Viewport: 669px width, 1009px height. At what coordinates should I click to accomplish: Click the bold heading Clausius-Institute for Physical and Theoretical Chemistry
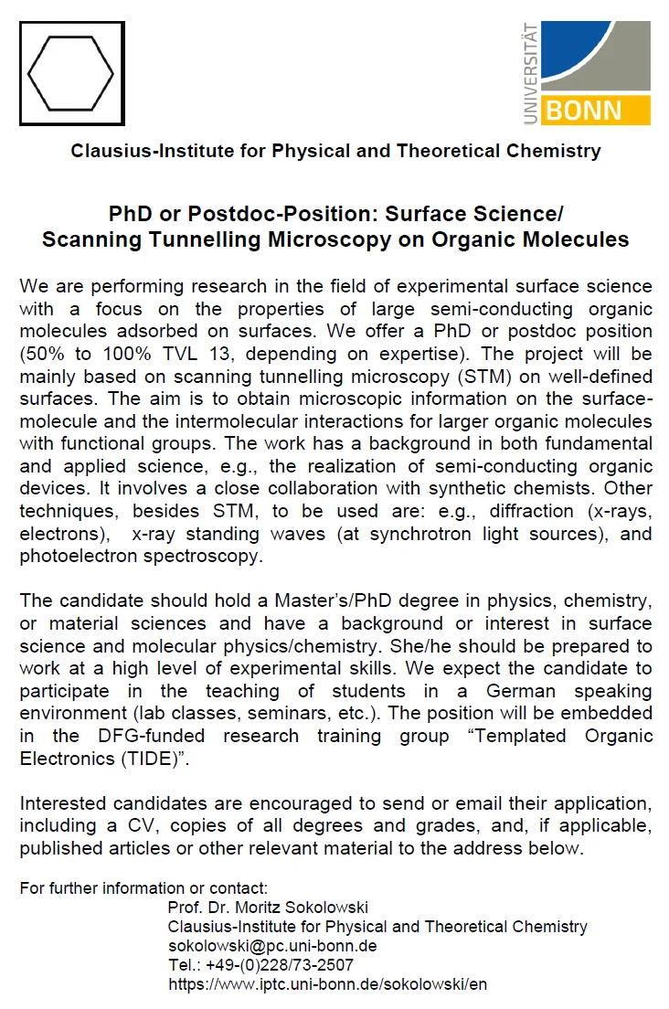click(335, 151)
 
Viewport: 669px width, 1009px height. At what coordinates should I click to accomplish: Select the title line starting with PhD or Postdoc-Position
click(335, 215)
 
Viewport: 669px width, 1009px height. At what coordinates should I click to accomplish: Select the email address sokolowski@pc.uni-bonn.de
click(272, 946)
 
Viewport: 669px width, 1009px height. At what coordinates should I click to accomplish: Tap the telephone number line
click(260, 965)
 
